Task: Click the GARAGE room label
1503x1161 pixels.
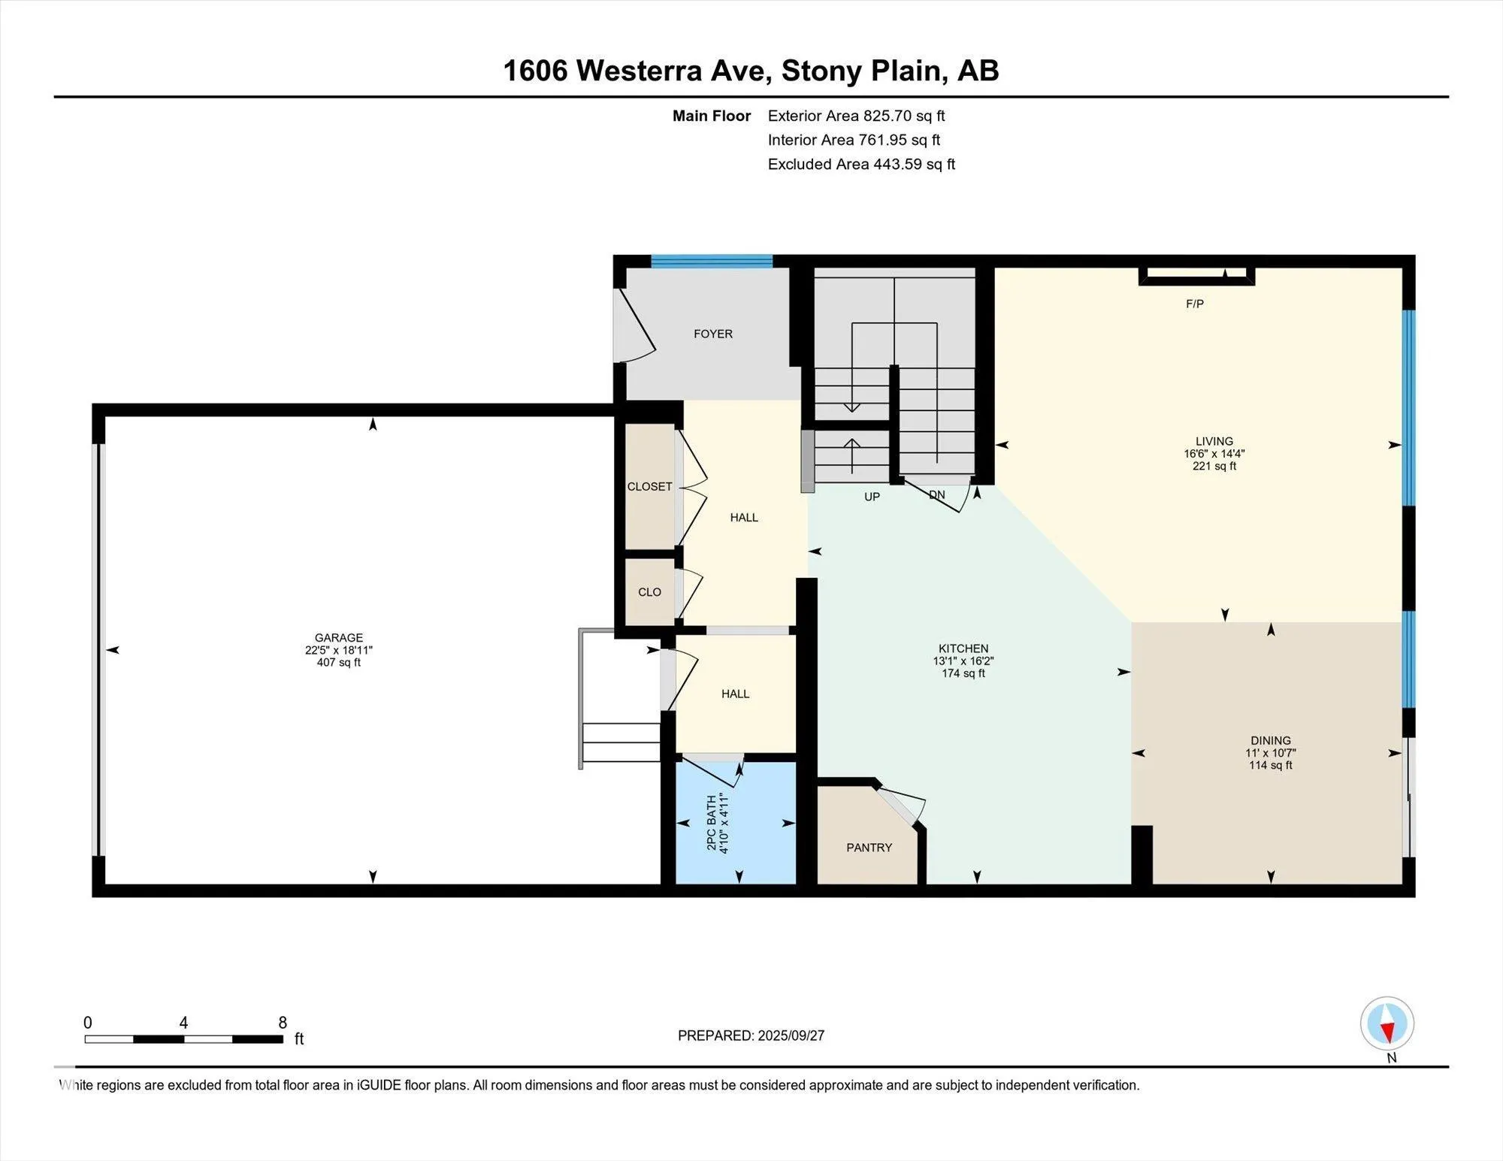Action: tap(338, 637)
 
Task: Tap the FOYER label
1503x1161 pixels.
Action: tap(712, 334)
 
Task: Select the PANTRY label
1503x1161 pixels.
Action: tap(869, 847)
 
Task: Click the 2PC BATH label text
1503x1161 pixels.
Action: tap(711, 823)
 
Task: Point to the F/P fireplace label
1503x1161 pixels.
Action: tap(1195, 304)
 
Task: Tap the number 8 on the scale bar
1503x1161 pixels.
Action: tap(283, 1022)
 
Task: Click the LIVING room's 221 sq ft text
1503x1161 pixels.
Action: tap(1214, 466)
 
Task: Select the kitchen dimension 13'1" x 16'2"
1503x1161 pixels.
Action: tap(963, 661)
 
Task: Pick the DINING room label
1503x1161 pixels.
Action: tap(1271, 740)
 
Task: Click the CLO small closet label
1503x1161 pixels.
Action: tap(649, 592)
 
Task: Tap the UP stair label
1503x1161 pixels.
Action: tap(872, 497)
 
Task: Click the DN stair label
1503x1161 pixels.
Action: tap(936, 494)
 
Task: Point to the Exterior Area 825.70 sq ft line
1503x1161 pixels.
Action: tap(856, 116)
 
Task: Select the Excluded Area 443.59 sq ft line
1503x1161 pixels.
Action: tap(861, 164)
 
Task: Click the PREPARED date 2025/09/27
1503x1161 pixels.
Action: tap(791, 1036)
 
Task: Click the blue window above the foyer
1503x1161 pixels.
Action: tap(712, 262)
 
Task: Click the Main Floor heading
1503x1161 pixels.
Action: tap(712, 116)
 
